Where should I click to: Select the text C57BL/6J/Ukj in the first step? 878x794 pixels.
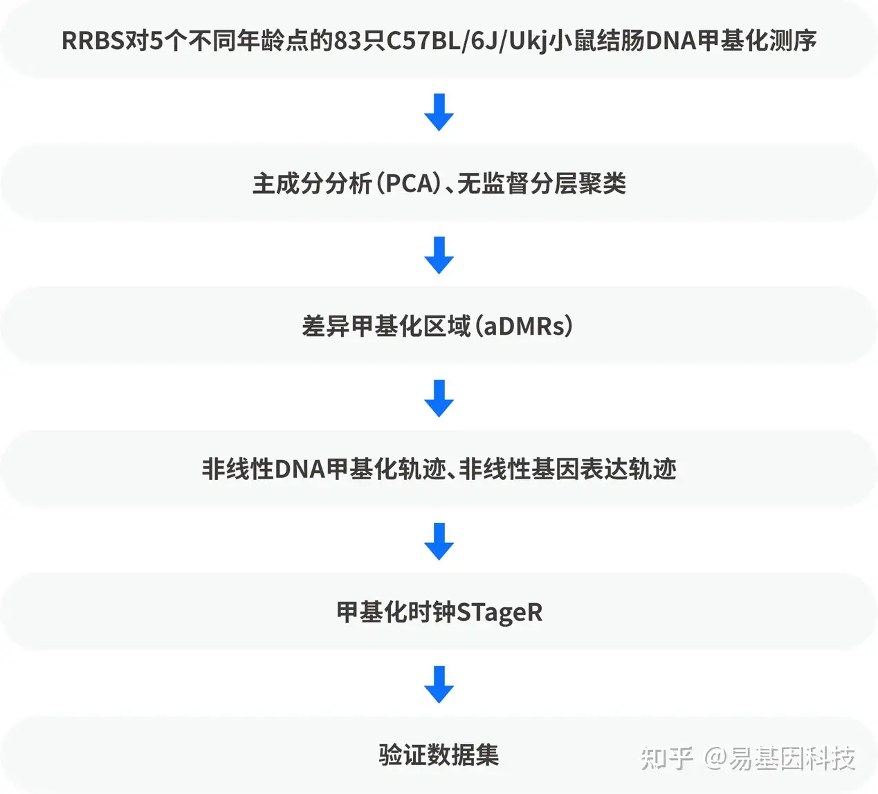(x=466, y=41)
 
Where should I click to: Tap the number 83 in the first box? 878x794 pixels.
(x=347, y=41)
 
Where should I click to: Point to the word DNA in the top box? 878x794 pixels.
(x=670, y=41)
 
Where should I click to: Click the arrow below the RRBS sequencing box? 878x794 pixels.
(x=439, y=112)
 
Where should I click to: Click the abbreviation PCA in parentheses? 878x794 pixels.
(x=411, y=184)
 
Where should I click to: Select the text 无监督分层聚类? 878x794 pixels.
(x=541, y=184)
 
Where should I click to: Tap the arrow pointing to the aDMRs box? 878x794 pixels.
(x=439, y=255)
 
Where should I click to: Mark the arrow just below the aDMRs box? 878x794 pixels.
(x=439, y=398)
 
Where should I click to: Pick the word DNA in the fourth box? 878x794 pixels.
(x=300, y=470)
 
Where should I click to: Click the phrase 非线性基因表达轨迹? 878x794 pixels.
(x=568, y=470)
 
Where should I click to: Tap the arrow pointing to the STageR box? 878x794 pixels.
(x=439, y=542)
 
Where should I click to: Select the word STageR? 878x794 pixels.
(x=499, y=613)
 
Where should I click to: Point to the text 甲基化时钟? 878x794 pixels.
(x=396, y=613)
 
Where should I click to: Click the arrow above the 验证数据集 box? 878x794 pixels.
(x=439, y=685)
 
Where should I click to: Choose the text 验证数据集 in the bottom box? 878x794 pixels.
(x=439, y=755)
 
